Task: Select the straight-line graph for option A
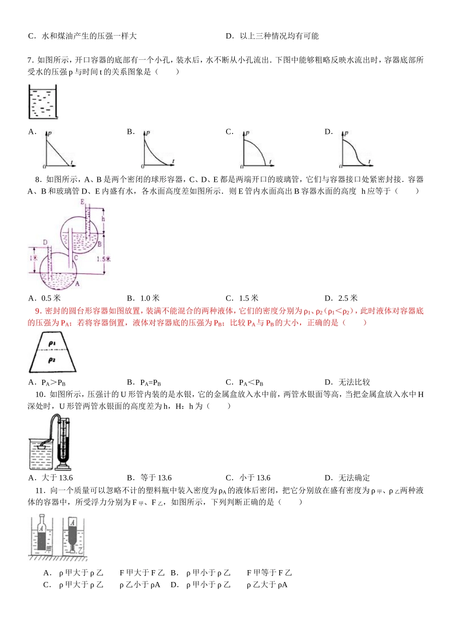[60, 150]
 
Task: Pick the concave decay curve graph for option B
[158, 150]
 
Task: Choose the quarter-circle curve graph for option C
[257, 150]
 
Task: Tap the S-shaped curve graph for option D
[356, 150]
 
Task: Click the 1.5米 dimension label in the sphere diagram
[103, 259]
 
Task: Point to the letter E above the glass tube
[83, 202]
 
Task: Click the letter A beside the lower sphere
[77, 283]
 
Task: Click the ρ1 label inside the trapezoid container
[52, 343]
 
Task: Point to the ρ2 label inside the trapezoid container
[52, 360]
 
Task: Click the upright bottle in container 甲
[42, 534]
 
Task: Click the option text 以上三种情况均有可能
[279, 36]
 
